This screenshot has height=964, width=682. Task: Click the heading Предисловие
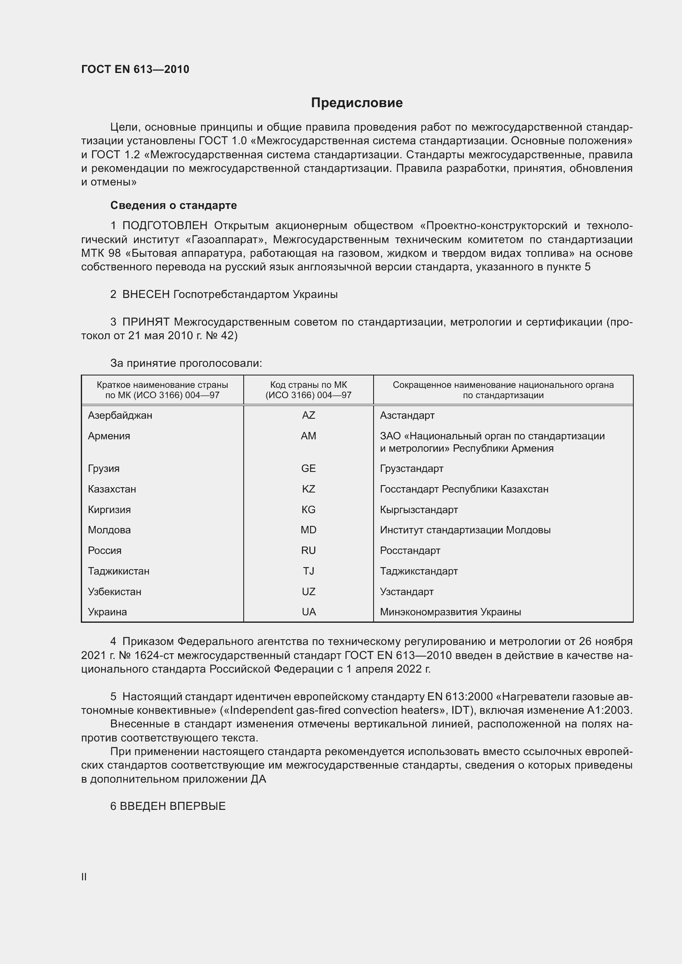pos(357,103)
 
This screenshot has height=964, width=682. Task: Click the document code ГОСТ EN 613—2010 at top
pos(135,69)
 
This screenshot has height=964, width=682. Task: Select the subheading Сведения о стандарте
pos(174,205)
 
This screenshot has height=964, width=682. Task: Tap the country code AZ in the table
pos(308,415)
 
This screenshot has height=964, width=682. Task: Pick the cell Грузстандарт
pos(412,468)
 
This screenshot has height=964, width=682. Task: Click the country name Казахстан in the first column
pos(112,489)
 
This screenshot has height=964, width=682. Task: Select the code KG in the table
pos(308,509)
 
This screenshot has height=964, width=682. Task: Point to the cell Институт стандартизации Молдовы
pos(465,530)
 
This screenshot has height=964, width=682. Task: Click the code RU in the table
pos(308,551)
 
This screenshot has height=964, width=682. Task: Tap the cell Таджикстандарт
pos(419,571)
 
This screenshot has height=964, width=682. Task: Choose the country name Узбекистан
pos(114,591)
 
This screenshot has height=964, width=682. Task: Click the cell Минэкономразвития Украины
pos(450,612)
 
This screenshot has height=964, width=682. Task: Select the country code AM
pos(308,436)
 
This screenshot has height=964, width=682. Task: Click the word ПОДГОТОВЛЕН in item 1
pos(165,226)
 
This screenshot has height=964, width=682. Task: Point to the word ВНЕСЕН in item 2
pos(146,294)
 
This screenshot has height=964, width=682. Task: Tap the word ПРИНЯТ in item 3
pos(146,322)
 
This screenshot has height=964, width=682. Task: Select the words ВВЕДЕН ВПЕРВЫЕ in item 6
pos(173,806)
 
